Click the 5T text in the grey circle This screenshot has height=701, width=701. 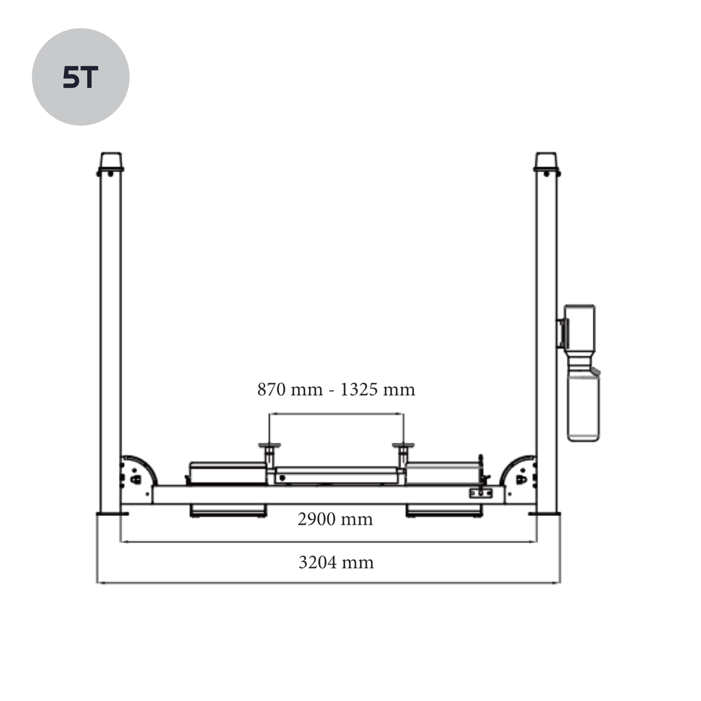pyautogui.click(x=80, y=77)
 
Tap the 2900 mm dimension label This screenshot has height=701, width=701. pyautogui.click(x=335, y=519)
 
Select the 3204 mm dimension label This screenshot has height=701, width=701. pyautogui.click(x=336, y=562)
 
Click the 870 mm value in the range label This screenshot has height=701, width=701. pyautogui.click(x=290, y=389)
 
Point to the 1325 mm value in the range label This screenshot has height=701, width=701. pyautogui.click(x=377, y=389)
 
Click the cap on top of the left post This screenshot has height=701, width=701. pyautogui.click(x=111, y=160)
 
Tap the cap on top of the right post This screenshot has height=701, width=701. pyautogui.click(x=546, y=160)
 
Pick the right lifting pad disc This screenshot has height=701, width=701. pyautogui.click(x=403, y=445)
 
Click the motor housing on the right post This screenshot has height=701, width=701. pyautogui.click(x=579, y=328)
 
